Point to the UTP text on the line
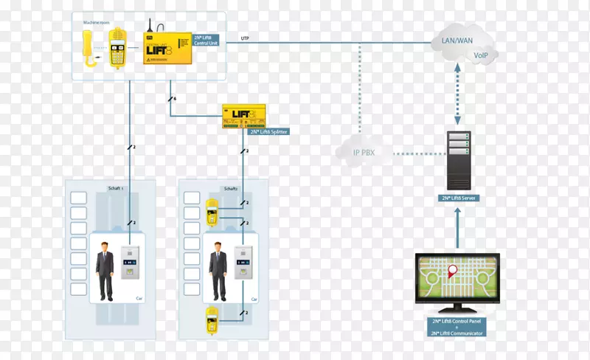[x=245, y=38]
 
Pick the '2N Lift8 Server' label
[x=457, y=199]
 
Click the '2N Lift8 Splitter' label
[x=268, y=131]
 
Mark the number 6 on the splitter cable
[x=175, y=99]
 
